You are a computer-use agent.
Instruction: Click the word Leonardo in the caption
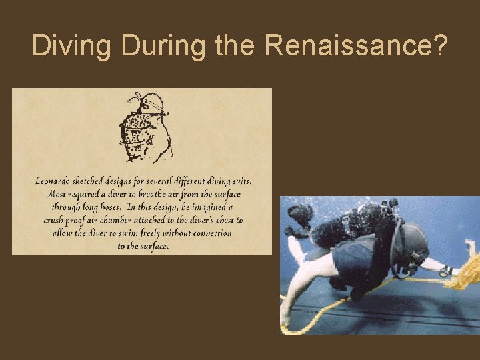57,181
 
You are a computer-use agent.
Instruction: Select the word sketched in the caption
101,181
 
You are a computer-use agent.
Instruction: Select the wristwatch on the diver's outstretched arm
444,271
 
